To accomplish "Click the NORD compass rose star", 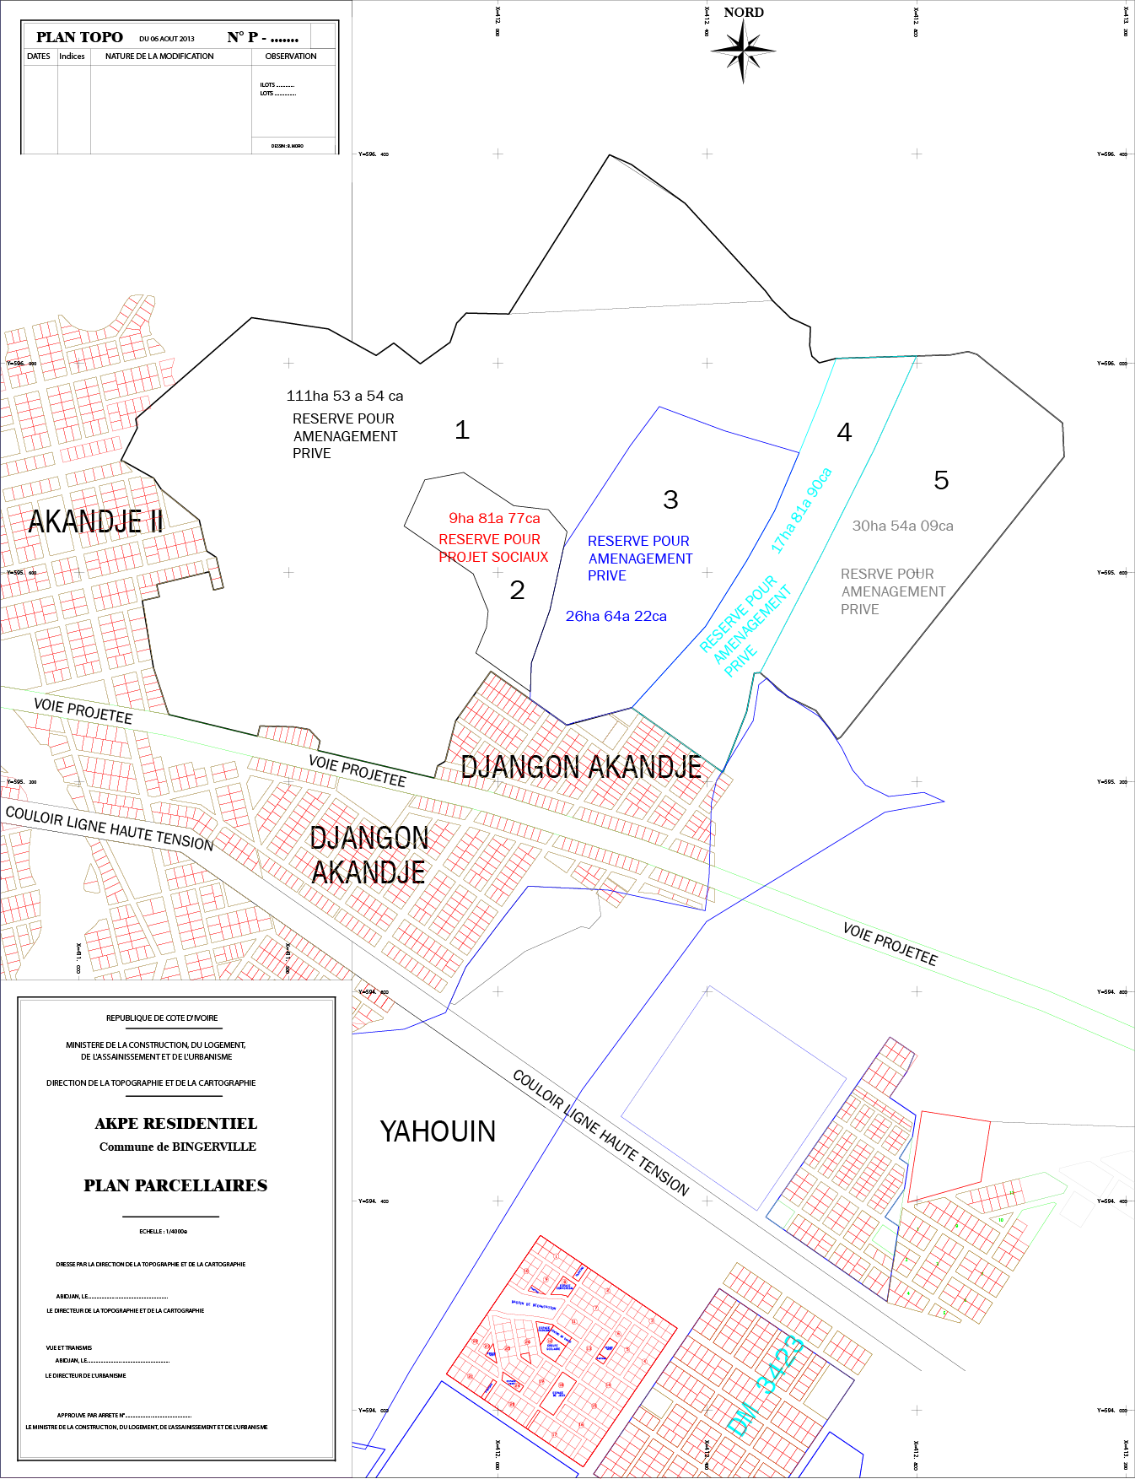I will coord(743,51).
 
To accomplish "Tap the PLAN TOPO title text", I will coord(79,37).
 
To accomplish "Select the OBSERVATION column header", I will coord(291,57).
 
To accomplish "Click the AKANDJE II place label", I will coord(95,521).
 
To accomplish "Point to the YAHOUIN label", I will coord(438,1131).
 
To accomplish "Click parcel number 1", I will coord(462,430).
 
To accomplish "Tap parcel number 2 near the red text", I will coord(517,590).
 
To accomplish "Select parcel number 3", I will coord(670,499).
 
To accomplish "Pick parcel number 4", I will coord(844,432).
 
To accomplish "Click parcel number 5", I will coord(941,480).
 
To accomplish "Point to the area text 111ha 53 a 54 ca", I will coord(345,396).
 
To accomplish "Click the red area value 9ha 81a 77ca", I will coord(494,518).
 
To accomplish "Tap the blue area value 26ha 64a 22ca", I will coord(616,616).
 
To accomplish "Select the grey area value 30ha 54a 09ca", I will coord(902,526).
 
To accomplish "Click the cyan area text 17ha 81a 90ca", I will coord(801,510).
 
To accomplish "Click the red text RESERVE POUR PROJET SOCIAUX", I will coord(493,548).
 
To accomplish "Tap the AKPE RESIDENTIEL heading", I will coord(176,1124).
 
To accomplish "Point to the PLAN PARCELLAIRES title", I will coord(175,1185).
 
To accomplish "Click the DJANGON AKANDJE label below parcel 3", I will coord(581,767).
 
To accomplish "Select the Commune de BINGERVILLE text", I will coord(178,1147).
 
